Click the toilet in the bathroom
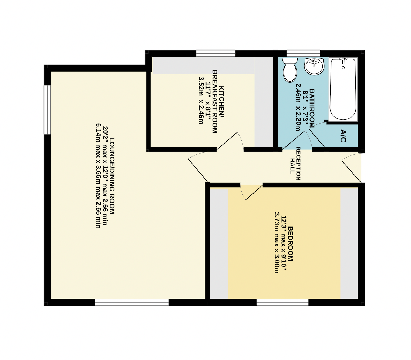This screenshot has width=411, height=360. [x=290, y=70]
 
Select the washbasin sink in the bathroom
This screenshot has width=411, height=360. [x=314, y=66]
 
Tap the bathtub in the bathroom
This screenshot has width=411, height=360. [x=343, y=89]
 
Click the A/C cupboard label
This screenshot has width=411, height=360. [x=343, y=136]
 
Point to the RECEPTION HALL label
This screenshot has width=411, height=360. [x=295, y=164]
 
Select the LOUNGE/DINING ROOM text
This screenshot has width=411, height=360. [x=112, y=176]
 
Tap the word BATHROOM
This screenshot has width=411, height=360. [x=312, y=108]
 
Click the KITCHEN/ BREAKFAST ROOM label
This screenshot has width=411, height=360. [x=218, y=102]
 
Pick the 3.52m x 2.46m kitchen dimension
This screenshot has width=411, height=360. [x=201, y=100]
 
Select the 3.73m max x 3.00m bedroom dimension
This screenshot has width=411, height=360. [x=277, y=242]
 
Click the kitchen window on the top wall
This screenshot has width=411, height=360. [x=216, y=53]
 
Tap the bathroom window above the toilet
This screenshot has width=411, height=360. [x=303, y=53]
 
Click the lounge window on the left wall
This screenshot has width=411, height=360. [x=47, y=110]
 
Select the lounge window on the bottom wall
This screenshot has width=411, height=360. [x=132, y=302]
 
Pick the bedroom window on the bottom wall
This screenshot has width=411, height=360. [x=282, y=302]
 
